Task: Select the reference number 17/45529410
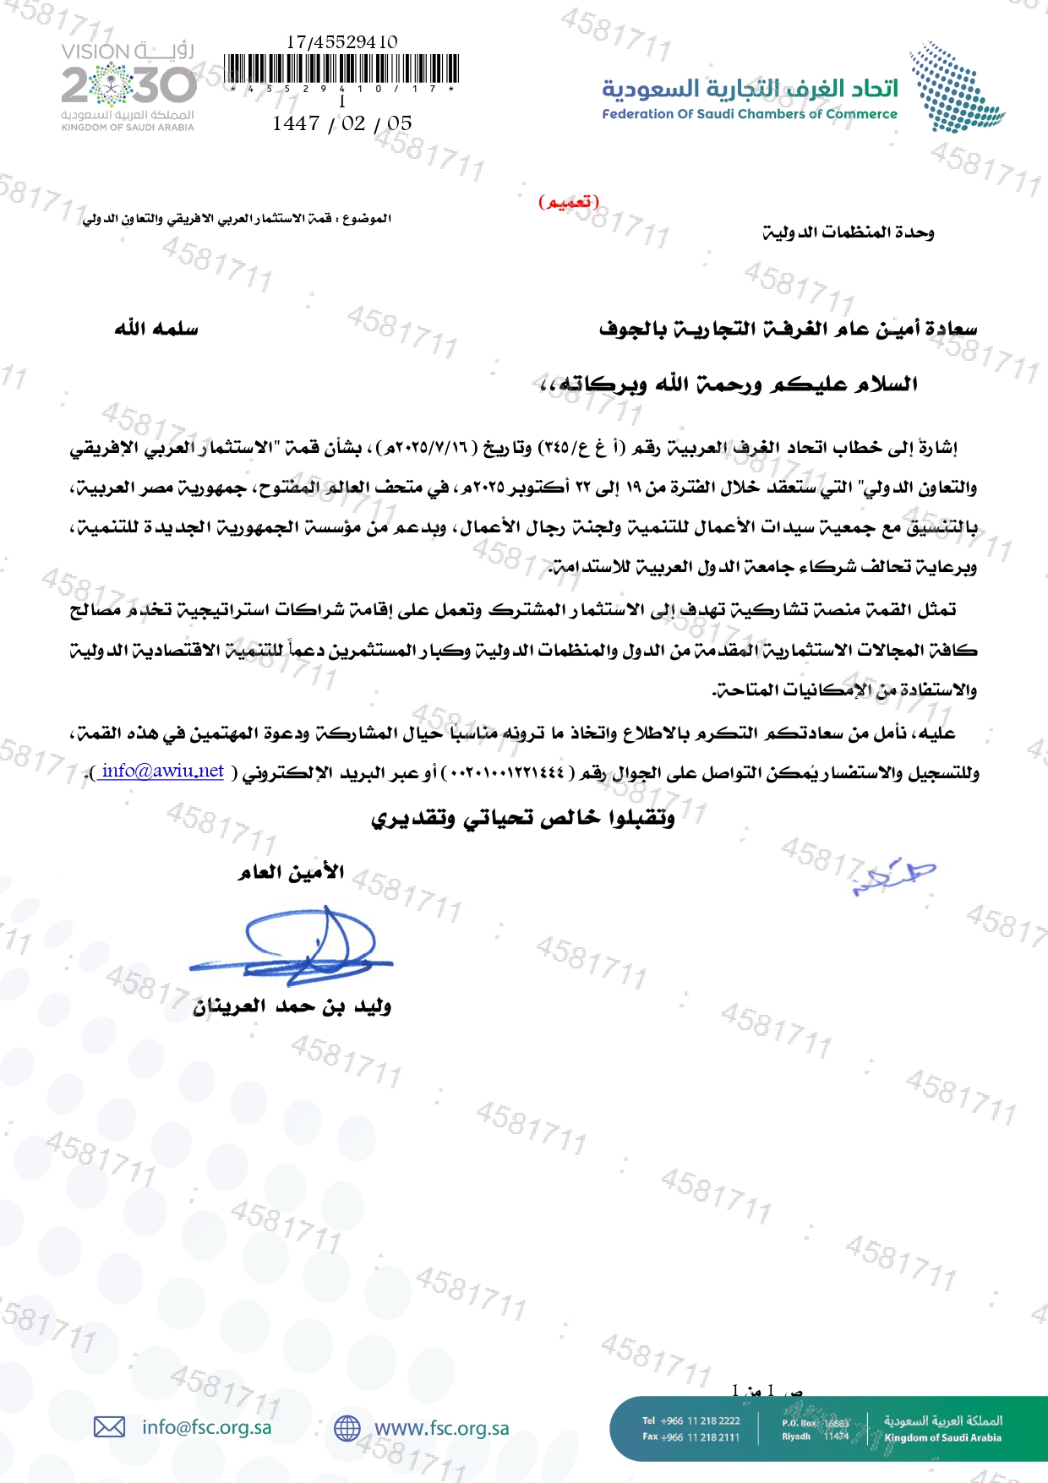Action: pyautogui.click(x=341, y=41)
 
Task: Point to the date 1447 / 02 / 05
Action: pyautogui.click(x=341, y=123)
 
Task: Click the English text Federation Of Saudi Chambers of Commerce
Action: pyautogui.click(x=750, y=114)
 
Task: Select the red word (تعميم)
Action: pyautogui.click(x=568, y=202)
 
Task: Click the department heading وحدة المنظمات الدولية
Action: pyautogui.click(x=849, y=232)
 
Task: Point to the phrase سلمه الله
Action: pyautogui.click(x=156, y=328)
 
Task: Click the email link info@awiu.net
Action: pyautogui.click(x=162, y=771)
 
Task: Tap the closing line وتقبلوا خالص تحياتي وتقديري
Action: pyautogui.click(x=523, y=818)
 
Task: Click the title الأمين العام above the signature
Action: pyautogui.click(x=292, y=871)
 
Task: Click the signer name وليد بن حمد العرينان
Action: pyautogui.click(x=292, y=1006)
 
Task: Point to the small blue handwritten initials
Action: pyautogui.click(x=894, y=875)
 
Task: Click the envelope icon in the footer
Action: pyautogui.click(x=109, y=1427)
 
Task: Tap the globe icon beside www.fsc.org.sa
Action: pyautogui.click(x=347, y=1428)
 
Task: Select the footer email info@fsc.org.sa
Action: pyautogui.click(x=207, y=1427)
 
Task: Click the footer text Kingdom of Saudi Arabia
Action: pyautogui.click(x=942, y=1437)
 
